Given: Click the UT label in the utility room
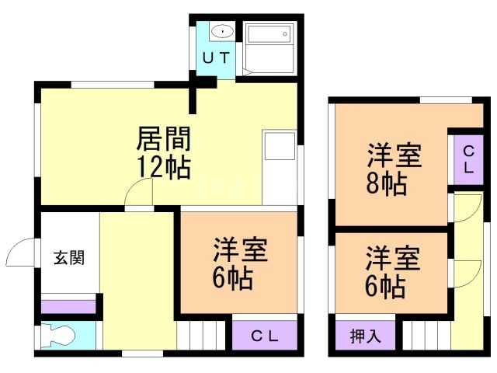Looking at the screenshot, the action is point(216,58).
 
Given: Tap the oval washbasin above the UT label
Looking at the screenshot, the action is point(223,31).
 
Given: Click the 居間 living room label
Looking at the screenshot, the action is point(164,138).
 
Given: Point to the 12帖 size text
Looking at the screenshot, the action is point(164,167).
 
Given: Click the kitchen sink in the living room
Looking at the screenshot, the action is point(280,146).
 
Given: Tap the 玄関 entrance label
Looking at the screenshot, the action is point(69,257).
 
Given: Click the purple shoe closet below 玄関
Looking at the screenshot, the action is point(68,307).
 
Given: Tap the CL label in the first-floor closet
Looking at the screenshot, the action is point(264,336).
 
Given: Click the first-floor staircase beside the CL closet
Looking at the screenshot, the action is point(201,335).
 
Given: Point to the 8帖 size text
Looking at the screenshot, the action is point(387,183).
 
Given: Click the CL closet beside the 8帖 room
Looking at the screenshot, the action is point(468,160).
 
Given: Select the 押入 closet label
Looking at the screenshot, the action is point(365,336).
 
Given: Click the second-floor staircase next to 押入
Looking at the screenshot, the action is point(427,336).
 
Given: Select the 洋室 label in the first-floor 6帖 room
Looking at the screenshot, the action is point(240,249).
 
